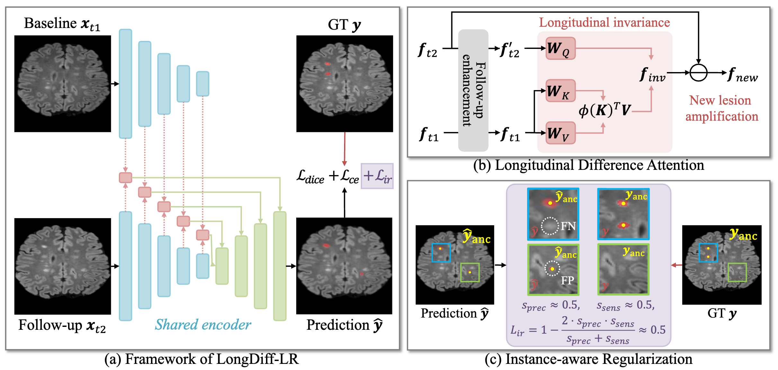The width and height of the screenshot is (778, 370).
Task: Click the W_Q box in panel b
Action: point(561,49)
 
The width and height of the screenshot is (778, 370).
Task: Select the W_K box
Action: point(561,91)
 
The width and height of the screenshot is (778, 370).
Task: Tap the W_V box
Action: point(561,133)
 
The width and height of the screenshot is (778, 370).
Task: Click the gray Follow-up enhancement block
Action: point(473,90)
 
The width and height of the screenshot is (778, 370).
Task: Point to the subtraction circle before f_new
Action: point(698,73)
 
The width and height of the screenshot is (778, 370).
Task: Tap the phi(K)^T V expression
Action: point(605,110)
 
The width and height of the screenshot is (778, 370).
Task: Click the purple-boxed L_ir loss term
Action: point(377,176)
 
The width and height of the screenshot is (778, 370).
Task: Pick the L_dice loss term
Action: point(310,177)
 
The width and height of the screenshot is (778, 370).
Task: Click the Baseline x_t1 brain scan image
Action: point(63,84)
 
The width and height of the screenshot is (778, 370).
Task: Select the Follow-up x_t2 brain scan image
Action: point(63,266)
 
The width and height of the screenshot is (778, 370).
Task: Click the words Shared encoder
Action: point(203,325)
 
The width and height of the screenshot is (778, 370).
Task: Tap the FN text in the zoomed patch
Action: point(568,227)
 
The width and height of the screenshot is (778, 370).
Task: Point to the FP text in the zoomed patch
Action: point(567,281)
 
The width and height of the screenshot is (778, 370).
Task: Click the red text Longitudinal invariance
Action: point(604,23)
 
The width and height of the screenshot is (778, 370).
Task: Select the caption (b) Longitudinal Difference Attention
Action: point(588,165)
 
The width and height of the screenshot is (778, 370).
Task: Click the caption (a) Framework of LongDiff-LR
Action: point(201,359)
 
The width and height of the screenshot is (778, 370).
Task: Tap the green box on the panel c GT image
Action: point(737,272)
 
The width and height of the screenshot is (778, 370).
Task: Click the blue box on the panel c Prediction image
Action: point(441,253)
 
